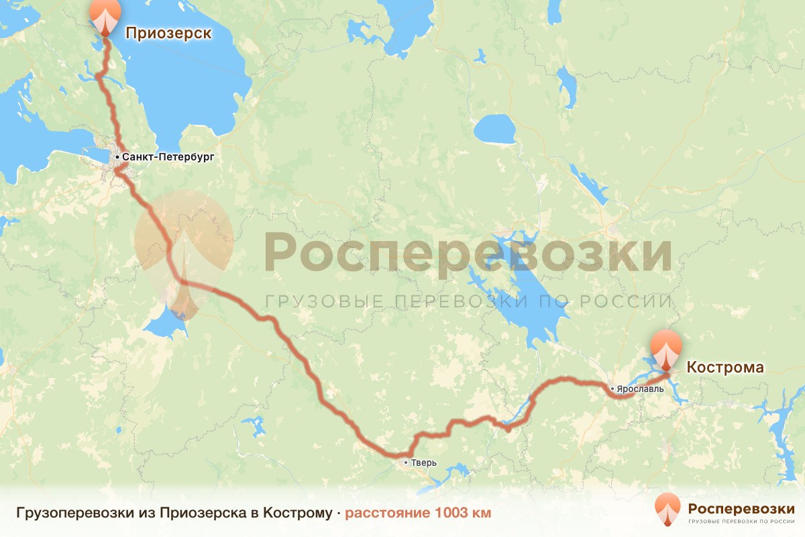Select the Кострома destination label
[x=724, y=367]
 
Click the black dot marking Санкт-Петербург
[x=117, y=157]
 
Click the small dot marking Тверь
[x=405, y=462]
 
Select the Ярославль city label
[x=641, y=388]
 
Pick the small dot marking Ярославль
[x=612, y=388]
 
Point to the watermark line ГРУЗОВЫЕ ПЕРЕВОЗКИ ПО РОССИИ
[x=468, y=301]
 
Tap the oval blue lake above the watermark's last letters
[x=494, y=129]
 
